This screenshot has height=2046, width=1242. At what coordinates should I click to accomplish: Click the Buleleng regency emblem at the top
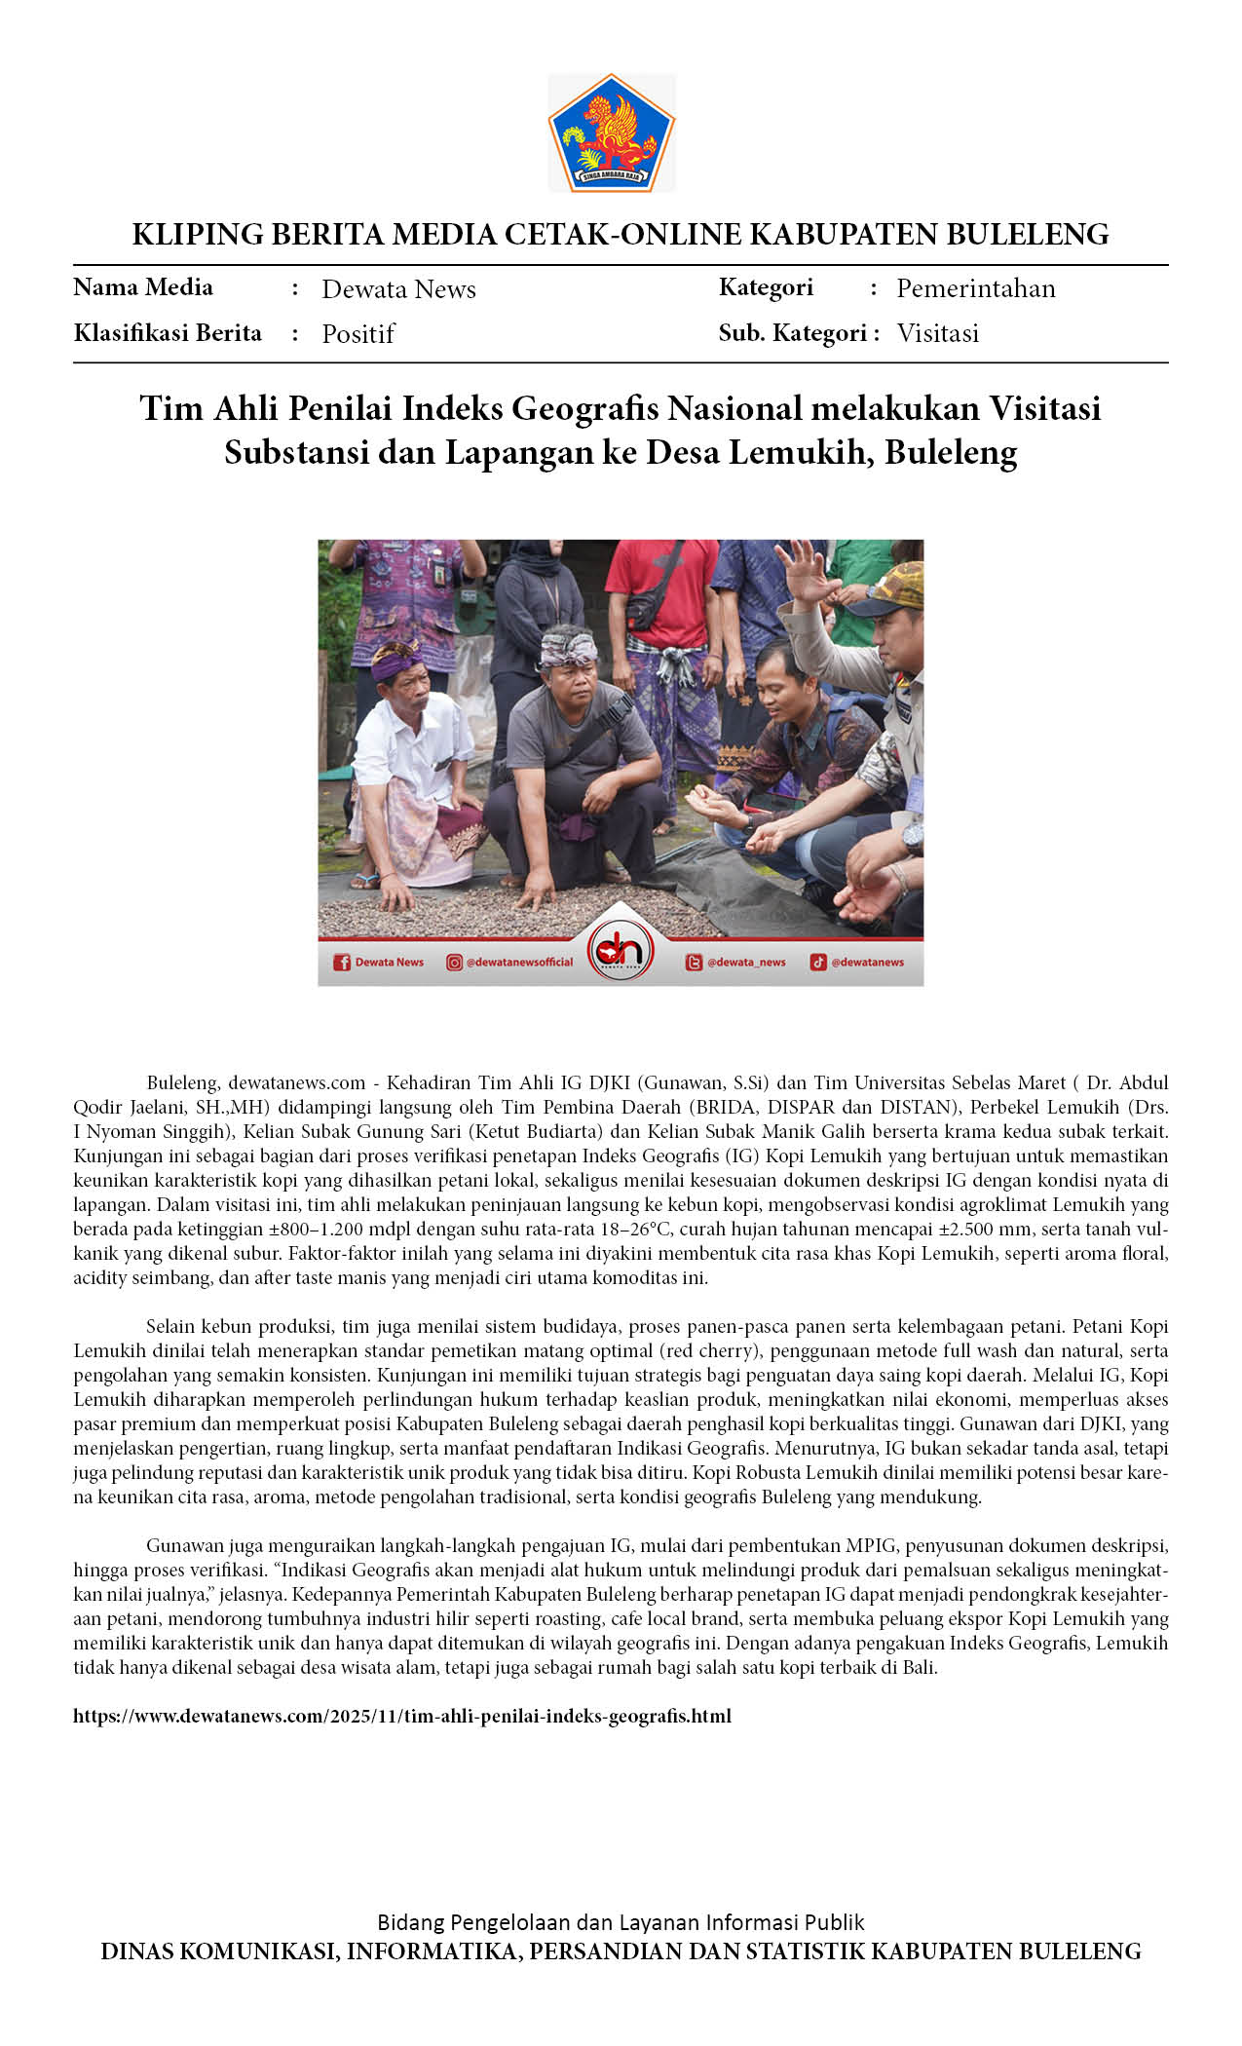coord(612,133)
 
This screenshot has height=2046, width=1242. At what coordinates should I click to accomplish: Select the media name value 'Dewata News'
coord(398,289)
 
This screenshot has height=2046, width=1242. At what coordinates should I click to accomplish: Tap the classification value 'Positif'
coord(358,334)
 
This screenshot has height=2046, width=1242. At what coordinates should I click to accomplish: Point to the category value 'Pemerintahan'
coord(975,288)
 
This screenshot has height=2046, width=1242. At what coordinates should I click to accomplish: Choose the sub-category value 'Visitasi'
coord(937,333)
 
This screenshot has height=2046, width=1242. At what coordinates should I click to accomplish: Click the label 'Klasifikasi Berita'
coord(168,333)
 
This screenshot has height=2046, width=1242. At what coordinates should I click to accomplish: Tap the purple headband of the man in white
coord(396,661)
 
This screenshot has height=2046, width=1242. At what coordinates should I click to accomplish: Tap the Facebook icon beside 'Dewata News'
coord(342,963)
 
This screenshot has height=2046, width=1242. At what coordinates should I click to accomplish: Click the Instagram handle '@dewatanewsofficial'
coord(519,963)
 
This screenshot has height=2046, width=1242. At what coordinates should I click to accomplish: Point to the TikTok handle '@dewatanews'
coord(866,963)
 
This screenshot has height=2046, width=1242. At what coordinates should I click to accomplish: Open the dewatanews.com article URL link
coord(401,1716)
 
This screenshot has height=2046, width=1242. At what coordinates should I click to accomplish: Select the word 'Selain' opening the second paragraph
coord(170,1326)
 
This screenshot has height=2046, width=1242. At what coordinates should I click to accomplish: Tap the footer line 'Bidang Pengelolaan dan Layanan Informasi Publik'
coord(621,1922)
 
